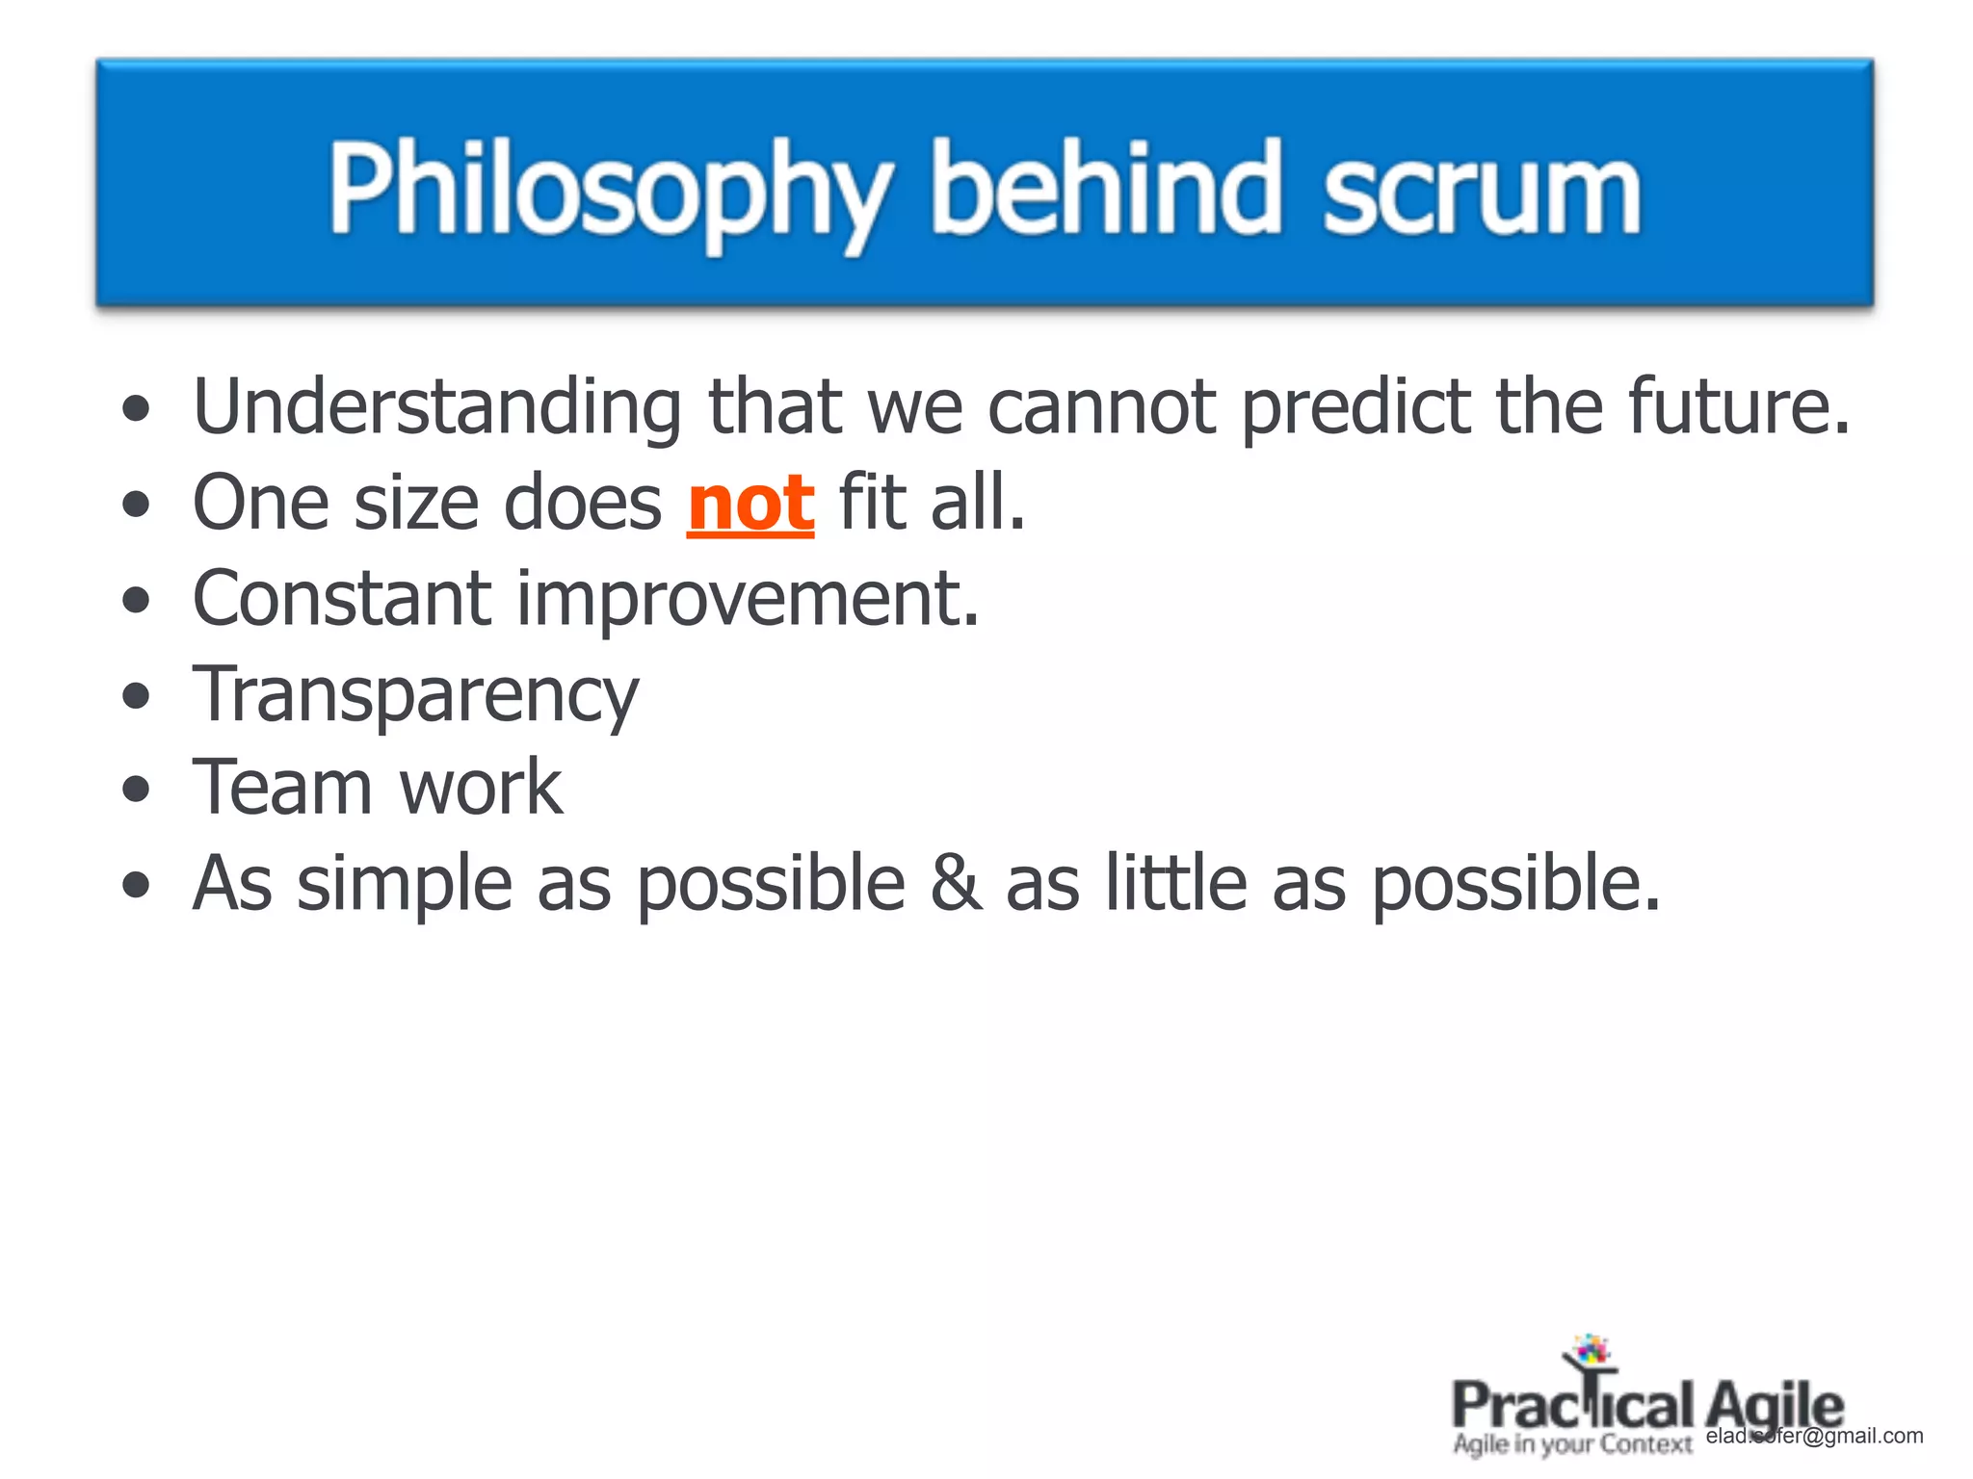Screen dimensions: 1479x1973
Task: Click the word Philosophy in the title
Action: (x=609, y=191)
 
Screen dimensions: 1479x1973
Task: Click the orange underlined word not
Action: (x=750, y=504)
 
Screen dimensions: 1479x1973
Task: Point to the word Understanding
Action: (x=437, y=408)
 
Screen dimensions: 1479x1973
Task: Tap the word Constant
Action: (x=342, y=598)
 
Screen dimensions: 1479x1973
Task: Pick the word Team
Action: (x=282, y=789)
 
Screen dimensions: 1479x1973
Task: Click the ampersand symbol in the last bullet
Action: (x=956, y=883)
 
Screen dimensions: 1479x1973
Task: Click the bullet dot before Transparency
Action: (x=137, y=695)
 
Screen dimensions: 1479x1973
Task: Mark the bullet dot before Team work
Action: (x=137, y=790)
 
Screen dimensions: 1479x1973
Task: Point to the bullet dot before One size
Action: (x=137, y=504)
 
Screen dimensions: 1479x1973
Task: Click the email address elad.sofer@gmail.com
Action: (x=1814, y=1436)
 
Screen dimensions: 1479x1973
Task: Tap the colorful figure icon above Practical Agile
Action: (x=1590, y=1351)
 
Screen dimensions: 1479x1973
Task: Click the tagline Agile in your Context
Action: (x=1572, y=1444)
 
